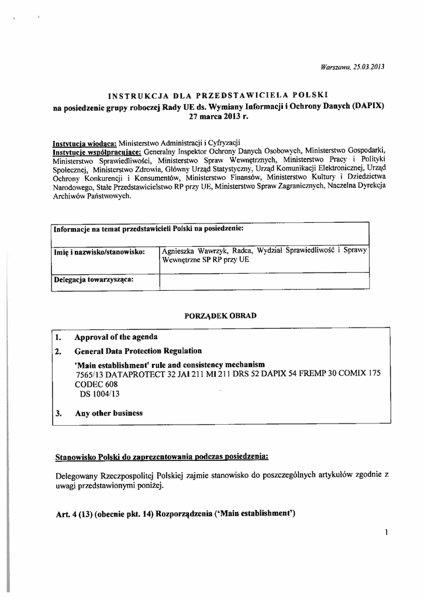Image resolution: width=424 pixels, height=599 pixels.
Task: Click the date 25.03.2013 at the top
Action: tap(368, 67)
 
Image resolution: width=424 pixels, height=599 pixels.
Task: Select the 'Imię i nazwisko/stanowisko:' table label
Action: tap(99, 252)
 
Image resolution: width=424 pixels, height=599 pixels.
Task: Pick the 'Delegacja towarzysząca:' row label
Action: tap(94, 279)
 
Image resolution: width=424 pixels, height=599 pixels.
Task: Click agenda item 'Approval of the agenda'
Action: tap(116, 338)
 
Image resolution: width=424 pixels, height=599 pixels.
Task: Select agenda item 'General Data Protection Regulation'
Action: tap(138, 351)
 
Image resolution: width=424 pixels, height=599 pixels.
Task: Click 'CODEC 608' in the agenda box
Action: tap(96, 384)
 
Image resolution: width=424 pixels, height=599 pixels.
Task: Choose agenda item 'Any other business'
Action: tap(109, 413)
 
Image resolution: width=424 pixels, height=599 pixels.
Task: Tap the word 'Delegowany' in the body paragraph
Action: tap(75, 476)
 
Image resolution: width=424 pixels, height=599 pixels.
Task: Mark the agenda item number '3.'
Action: tap(58, 413)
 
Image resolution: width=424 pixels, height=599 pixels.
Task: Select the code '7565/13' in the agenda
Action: tap(89, 374)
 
